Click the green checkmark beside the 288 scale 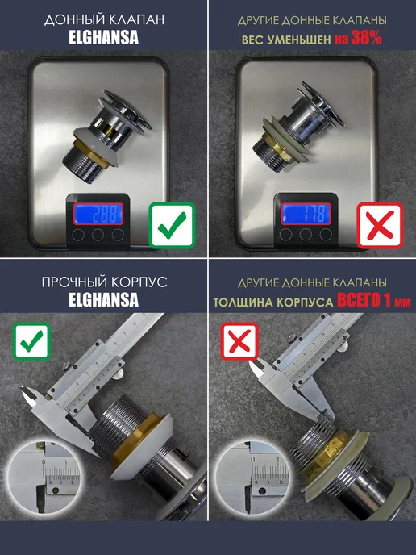coord(172,225)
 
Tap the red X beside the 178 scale coord(380,225)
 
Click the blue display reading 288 coord(98,214)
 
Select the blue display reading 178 coord(306,214)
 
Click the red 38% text coord(366,38)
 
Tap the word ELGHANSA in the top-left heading coord(104,38)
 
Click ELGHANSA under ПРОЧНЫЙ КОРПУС coord(104,299)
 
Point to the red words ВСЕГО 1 coord(364,301)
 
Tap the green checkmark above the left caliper coord(31,341)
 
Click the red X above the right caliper coord(239,341)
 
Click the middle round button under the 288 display coord(98,234)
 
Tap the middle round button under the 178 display coord(306,234)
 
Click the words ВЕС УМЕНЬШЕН coord(286,40)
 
